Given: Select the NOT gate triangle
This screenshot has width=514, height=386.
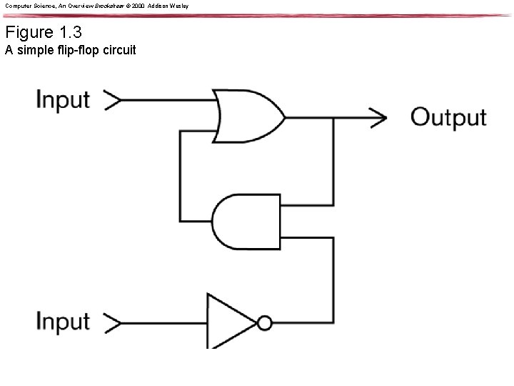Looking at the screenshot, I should click(x=228, y=322).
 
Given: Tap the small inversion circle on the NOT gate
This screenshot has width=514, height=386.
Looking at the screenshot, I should click(x=265, y=323).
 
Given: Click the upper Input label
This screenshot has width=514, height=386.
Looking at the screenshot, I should click(x=63, y=99).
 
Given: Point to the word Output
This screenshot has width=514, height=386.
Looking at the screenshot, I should click(x=448, y=117).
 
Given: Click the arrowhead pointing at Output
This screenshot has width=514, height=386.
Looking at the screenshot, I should click(x=378, y=115).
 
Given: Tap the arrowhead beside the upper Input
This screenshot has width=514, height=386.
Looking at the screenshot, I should click(x=114, y=100).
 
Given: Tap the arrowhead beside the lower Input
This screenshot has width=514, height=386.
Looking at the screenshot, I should click(x=114, y=322).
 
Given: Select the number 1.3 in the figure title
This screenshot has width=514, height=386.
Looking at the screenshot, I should click(x=72, y=33).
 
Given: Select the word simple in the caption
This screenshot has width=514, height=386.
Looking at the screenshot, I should click(x=32, y=51).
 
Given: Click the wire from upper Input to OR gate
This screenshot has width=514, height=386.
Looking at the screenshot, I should click(x=168, y=100).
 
